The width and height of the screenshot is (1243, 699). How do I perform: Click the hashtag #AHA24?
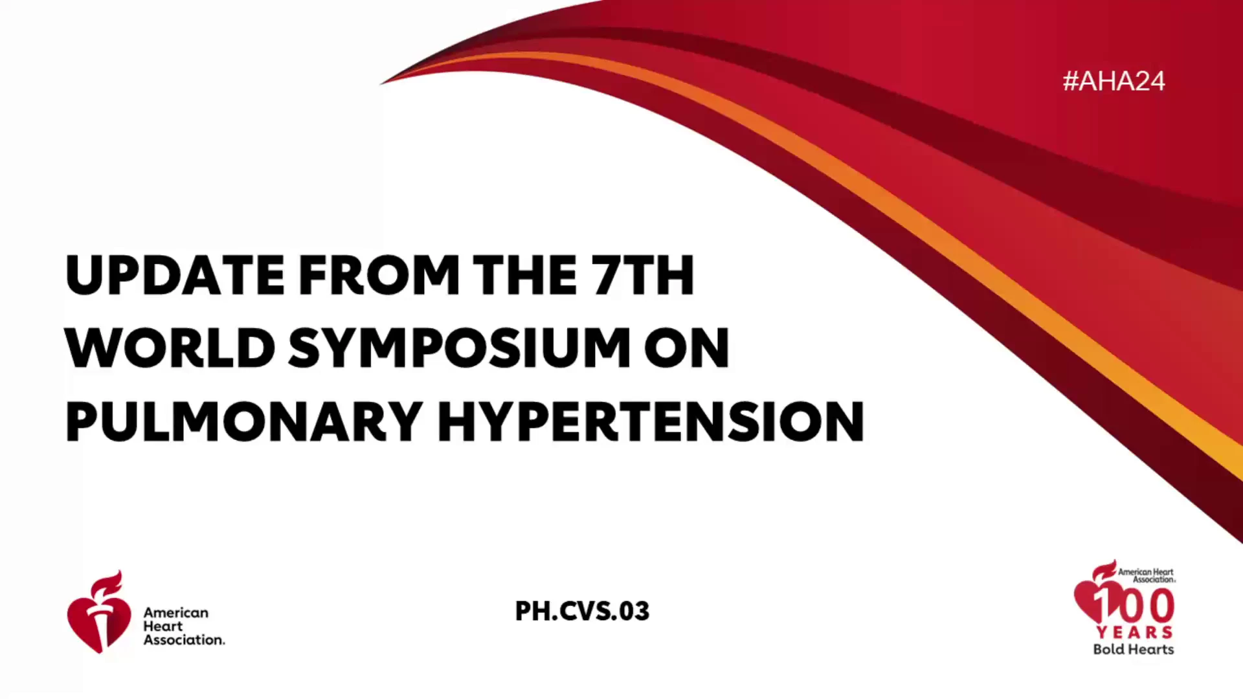point(1114,81)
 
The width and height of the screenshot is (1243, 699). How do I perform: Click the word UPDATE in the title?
point(175,275)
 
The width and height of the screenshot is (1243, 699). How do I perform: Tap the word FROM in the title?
point(379,275)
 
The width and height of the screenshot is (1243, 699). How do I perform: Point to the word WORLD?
point(170,348)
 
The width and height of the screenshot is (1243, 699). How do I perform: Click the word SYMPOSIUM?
point(459,348)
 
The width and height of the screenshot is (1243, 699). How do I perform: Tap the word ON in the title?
point(687,348)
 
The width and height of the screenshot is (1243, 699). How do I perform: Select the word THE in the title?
point(525,275)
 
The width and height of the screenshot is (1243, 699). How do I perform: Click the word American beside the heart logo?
point(176,612)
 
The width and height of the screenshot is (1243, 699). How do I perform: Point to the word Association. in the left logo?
point(185,639)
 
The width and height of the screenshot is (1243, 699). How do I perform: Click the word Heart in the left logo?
point(163,626)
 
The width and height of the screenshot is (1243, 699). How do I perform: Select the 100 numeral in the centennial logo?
point(1134,606)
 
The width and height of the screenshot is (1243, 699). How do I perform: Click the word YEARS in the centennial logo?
point(1134,632)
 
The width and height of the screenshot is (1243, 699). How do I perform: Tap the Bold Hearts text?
point(1134,649)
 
